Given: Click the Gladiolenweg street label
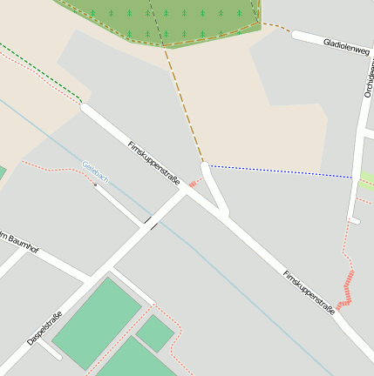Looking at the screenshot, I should click(345, 46).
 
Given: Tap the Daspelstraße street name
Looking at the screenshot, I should click(44, 328).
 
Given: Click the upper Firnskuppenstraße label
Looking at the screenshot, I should click(153, 163).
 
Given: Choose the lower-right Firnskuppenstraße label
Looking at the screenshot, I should click(309, 292).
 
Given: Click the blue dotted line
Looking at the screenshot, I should click(279, 171).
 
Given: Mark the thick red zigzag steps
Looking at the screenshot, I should click(346, 290).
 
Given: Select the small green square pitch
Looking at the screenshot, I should click(154, 332).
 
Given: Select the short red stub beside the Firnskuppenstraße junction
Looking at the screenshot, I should click(193, 184).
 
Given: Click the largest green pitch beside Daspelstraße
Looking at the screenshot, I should click(96, 322).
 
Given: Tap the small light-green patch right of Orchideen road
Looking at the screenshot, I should click(367, 180).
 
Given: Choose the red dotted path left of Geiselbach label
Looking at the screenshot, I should click(52, 166).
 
